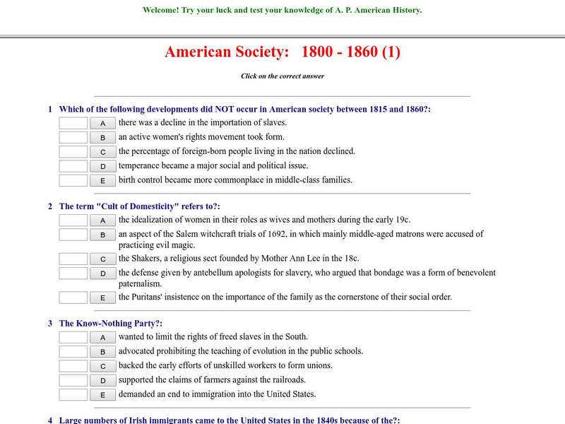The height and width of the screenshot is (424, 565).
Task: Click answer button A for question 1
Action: [103, 123]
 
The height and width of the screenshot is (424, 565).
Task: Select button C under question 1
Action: [103, 152]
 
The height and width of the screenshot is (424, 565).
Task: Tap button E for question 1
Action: [103, 181]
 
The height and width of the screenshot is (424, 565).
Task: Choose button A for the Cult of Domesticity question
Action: [103, 220]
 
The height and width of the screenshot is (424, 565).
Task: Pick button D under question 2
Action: [103, 273]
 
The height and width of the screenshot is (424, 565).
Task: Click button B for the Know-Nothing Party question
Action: [103, 352]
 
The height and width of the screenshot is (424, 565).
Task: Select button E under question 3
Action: [103, 395]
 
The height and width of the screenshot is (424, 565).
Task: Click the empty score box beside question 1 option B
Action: [73, 137]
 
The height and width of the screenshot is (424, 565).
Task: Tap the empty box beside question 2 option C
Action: [73, 259]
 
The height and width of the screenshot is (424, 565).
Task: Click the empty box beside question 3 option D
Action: [73, 380]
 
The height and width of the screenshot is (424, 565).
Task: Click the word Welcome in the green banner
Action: [161, 11]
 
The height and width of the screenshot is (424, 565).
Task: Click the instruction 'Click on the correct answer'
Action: [282, 76]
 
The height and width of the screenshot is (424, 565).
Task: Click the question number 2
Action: [50, 206]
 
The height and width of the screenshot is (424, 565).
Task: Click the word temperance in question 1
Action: [140, 166]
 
